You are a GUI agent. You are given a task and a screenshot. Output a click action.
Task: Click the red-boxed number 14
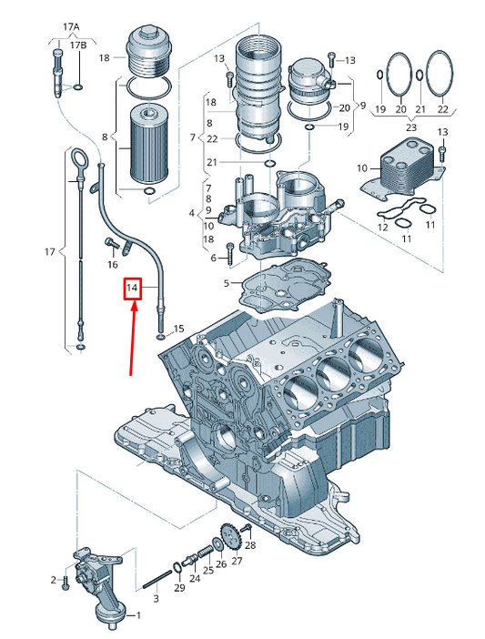(132, 289)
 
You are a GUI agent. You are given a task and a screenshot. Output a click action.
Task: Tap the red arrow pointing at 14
(132, 338)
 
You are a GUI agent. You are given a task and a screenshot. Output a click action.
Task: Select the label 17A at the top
(71, 27)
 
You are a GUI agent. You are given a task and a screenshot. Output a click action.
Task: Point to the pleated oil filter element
(147, 143)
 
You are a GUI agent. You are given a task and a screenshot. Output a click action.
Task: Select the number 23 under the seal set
(411, 127)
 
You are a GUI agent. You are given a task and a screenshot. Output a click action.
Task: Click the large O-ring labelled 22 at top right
(440, 74)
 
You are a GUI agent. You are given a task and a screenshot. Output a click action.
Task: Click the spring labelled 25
(205, 554)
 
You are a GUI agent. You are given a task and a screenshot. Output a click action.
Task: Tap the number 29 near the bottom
(179, 587)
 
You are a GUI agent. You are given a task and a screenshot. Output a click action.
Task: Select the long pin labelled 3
(158, 579)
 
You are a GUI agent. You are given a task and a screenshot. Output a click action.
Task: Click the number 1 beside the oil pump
(138, 615)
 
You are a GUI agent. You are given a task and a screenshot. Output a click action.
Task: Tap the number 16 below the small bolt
(113, 265)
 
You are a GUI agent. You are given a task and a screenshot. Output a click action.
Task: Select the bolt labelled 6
(230, 253)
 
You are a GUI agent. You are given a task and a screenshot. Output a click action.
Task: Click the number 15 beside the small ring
(178, 329)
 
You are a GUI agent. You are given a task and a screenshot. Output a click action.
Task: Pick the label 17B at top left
(77, 45)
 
